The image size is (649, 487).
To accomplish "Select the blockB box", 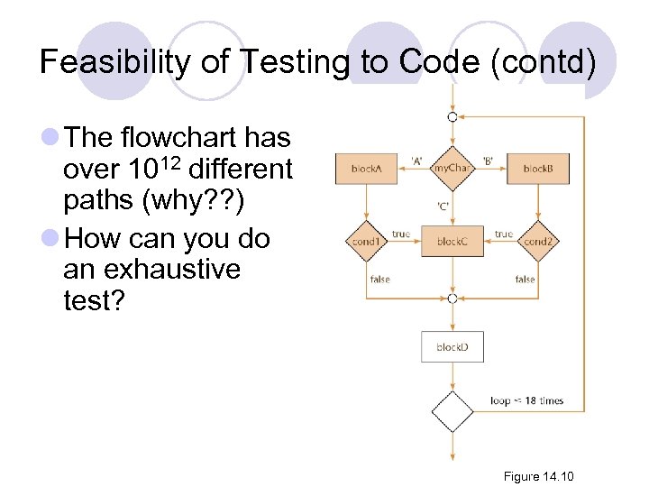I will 538,169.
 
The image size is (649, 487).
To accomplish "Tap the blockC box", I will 452,242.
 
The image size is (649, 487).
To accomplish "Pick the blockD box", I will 452,347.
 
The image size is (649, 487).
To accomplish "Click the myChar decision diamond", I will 452,168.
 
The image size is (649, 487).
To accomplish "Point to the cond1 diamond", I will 366,242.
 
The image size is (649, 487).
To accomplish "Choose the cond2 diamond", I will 538,242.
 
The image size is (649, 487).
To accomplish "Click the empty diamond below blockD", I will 452,412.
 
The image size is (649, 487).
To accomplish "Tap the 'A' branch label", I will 417,161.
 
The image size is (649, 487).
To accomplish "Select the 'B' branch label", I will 487,161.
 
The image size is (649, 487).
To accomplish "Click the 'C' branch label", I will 443,206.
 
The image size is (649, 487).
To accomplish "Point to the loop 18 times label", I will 527,400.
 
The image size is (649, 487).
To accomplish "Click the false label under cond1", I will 380,280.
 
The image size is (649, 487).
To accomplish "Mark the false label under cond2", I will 525,280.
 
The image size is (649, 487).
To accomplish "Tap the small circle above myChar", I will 452,117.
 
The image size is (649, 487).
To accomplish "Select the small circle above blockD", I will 452,299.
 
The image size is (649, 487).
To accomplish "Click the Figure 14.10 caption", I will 539,476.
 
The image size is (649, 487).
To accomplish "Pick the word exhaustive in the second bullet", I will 152,269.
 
